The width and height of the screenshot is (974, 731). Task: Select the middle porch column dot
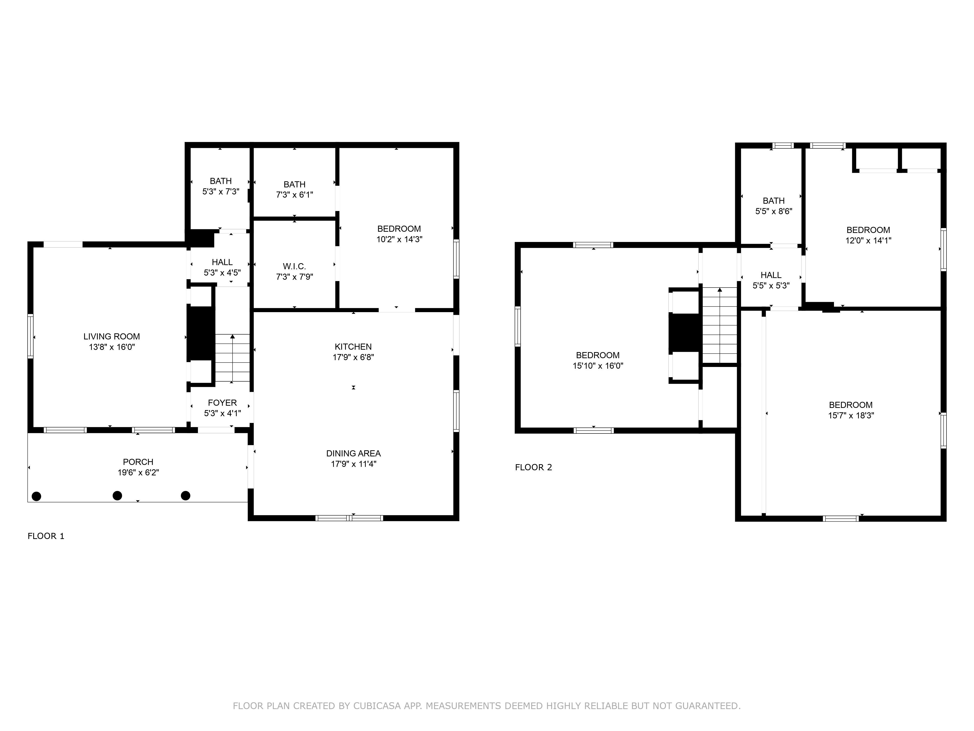117,496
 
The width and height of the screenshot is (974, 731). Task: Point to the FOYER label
222,403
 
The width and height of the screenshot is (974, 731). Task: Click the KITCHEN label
353,347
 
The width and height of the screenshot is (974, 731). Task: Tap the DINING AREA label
353,453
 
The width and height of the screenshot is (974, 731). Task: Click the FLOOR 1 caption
46,536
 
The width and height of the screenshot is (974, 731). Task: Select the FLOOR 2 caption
533,468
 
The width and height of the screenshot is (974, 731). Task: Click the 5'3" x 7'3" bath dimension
221,192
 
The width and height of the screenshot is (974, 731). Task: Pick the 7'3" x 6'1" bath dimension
294,195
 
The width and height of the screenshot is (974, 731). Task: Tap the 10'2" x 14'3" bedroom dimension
399,239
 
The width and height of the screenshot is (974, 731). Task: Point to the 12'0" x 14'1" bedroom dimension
868,240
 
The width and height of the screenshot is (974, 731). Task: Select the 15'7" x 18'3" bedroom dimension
851,415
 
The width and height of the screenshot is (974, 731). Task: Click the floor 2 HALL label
771,275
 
